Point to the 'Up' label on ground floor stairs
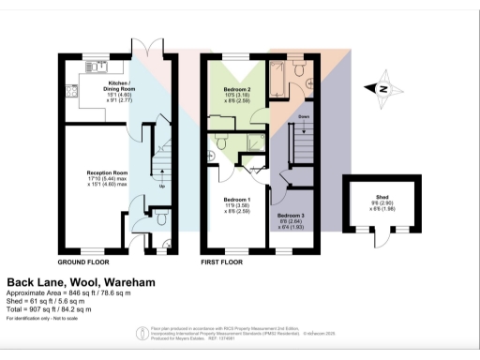[x=164, y=185]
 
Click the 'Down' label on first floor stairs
[x=303, y=116]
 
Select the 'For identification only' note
[x=40, y=319]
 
